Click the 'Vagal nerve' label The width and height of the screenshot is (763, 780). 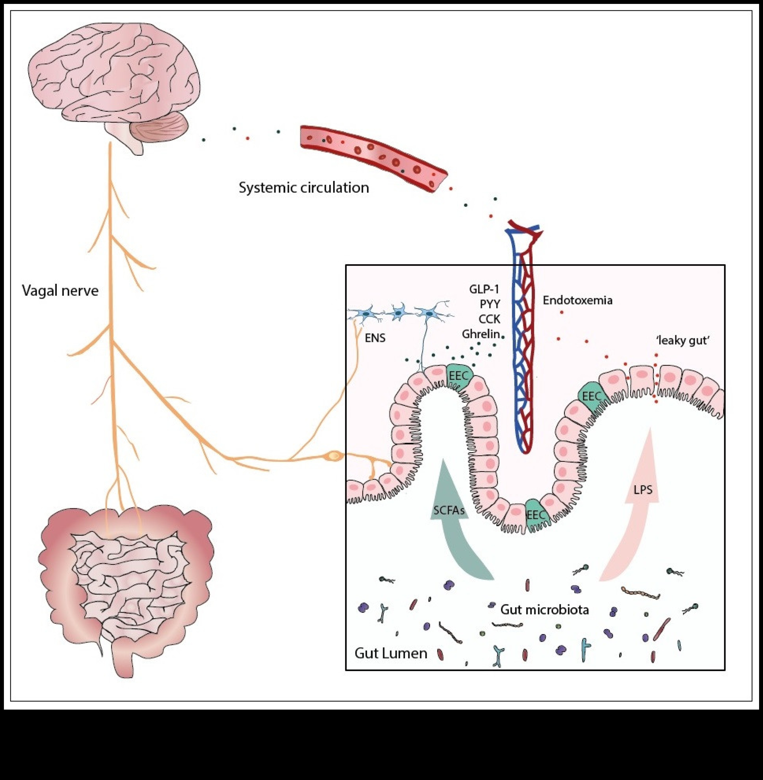tap(60, 290)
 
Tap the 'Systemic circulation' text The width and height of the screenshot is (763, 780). tap(304, 188)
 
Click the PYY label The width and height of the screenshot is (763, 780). tap(490, 304)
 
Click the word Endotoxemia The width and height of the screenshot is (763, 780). tap(578, 300)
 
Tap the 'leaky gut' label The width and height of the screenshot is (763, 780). tap(683, 341)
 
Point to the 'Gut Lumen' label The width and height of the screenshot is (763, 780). tap(391, 653)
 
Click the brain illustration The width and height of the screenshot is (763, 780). tap(112, 76)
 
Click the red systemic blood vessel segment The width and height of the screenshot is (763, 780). tap(373, 156)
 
